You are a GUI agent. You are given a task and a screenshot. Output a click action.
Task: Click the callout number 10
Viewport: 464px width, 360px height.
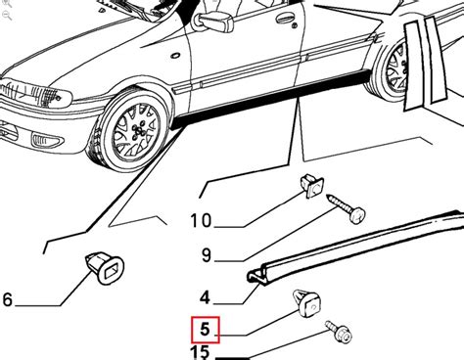pos(201,220)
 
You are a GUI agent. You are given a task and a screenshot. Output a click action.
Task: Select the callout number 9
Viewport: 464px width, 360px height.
pos(207,255)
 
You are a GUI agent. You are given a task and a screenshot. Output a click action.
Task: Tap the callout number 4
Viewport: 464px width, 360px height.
pos(205,297)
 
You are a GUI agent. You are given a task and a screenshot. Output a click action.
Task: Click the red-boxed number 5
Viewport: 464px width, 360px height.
pos(205,330)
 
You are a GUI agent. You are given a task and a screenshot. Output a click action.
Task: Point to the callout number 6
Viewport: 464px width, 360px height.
pos(7,299)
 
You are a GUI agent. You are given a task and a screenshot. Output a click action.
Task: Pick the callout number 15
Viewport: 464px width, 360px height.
pos(200,352)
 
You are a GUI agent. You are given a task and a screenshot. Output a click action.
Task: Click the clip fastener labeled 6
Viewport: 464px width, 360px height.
pos(105,269)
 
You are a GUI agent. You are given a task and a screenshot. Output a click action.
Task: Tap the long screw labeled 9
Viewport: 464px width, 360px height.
pos(346,208)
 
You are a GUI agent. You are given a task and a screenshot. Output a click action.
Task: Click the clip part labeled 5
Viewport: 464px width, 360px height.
pos(307,302)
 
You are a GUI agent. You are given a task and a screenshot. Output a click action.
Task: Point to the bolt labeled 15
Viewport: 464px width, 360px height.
pos(339,332)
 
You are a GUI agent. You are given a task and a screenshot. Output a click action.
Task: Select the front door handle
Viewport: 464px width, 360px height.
pos(284,19)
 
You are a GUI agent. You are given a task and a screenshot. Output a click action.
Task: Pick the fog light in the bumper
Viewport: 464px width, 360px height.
pos(47,141)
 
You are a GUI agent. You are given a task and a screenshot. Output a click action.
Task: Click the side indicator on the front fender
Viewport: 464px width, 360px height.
pos(175,56)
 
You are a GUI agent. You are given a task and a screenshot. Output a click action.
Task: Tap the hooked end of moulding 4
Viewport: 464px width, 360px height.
pos(255,277)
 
